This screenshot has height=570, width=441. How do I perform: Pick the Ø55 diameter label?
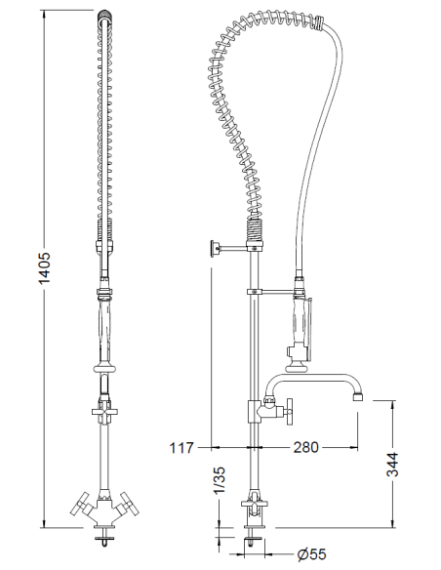point(311,554)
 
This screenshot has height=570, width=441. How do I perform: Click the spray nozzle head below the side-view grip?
point(293,353)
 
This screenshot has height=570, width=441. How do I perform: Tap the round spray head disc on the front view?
point(103,369)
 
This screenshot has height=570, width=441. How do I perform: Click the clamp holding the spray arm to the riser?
point(254,291)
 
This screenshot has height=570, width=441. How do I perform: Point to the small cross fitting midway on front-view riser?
point(103,416)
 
